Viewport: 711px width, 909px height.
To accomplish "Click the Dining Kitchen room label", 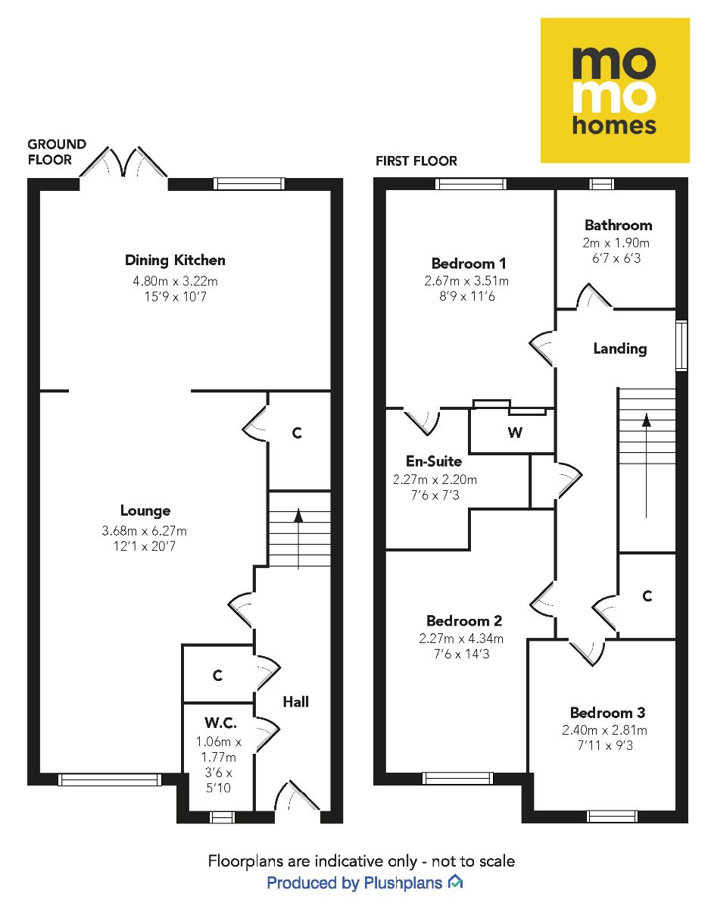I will pyautogui.click(x=175, y=261).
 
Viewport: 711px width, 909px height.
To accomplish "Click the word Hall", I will pyautogui.click(x=295, y=702).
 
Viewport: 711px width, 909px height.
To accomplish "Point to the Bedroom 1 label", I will pyautogui.click(x=469, y=264).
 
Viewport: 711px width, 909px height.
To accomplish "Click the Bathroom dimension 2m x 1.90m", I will pyautogui.click(x=618, y=243).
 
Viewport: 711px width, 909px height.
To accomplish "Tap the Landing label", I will pyautogui.click(x=619, y=348).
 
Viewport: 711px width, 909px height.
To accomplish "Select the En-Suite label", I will pyautogui.click(x=434, y=461).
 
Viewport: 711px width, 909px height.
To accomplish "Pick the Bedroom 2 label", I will pyautogui.click(x=463, y=620).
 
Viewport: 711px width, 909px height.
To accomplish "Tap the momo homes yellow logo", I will pyautogui.click(x=614, y=90).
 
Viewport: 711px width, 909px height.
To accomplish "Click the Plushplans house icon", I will pyautogui.click(x=455, y=882).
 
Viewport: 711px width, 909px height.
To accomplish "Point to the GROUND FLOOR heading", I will pyautogui.click(x=57, y=151).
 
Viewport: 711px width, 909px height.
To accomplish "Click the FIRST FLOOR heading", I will pyautogui.click(x=416, y=161).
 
